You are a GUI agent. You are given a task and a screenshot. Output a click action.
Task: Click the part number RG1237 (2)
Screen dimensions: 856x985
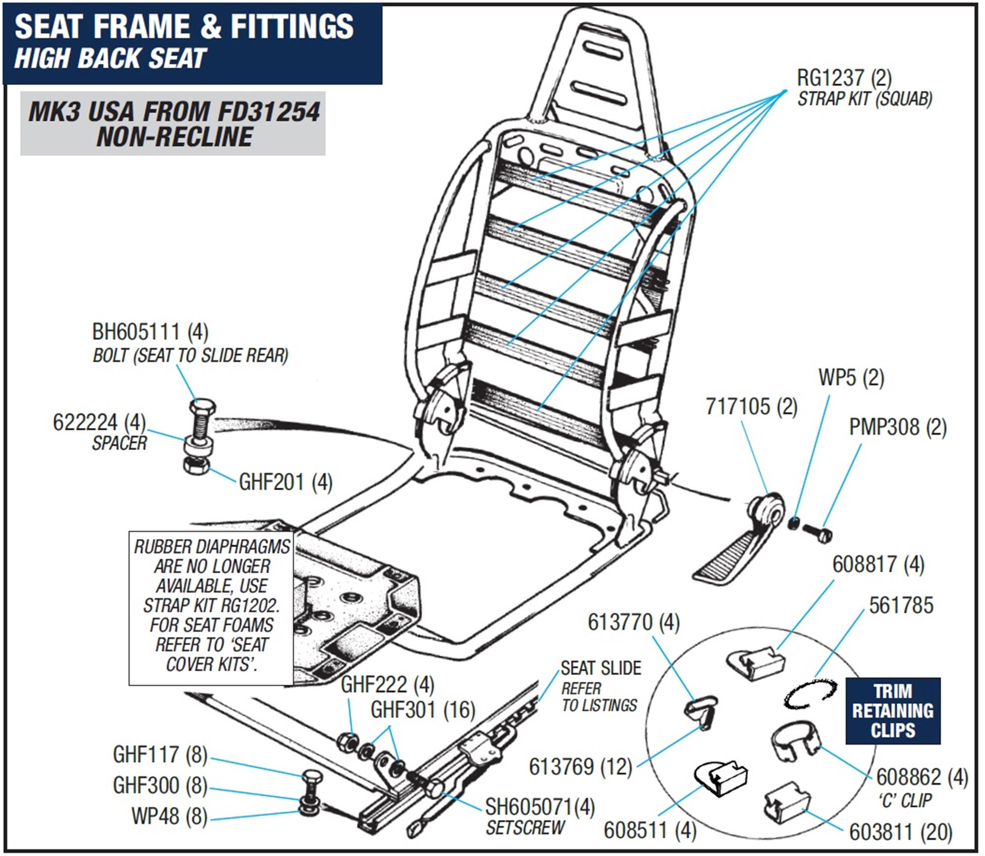tap(844, 78)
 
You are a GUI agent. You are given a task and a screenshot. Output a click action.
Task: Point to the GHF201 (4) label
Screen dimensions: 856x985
tap(285, 482)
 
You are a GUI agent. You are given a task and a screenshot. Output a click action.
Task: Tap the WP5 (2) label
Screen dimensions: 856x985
tap(851, 378)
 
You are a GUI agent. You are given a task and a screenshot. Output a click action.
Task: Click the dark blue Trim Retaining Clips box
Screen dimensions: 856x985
tap(892, 710)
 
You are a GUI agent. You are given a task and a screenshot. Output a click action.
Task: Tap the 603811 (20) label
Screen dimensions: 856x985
tap(900, 832)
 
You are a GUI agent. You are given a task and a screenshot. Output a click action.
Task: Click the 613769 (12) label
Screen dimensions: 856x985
tap(580, 766)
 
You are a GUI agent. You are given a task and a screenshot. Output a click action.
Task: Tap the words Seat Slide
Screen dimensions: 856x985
tap(600, 668)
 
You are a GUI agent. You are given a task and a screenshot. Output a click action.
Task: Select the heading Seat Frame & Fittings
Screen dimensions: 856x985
tap(184, 27)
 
